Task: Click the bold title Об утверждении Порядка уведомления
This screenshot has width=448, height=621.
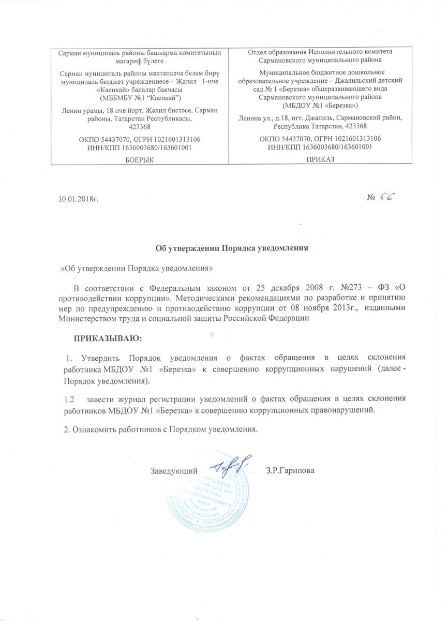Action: click(232, 248)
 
